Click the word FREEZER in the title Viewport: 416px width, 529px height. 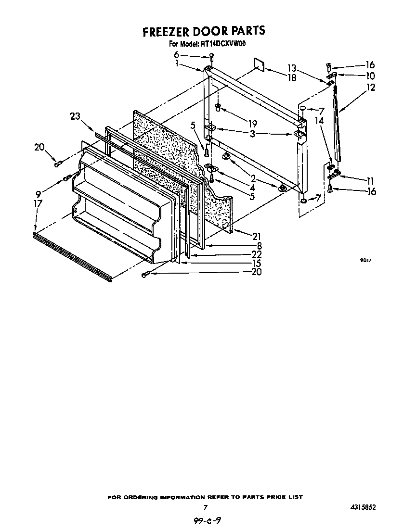(166, 32)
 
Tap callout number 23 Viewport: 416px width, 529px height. (75, 116)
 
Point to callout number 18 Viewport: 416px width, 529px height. (292, 77)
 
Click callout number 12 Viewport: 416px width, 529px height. (370, 88)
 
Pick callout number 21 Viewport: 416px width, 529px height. (256, 236)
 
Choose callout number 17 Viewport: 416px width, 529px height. (38, 203)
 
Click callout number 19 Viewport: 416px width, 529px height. (252, 123)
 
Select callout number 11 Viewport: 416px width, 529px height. (370, 181)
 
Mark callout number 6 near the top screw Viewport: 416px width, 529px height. (176, 54)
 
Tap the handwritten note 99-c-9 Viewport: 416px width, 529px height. (208, 521)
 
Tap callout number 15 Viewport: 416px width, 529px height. (256, 263)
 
